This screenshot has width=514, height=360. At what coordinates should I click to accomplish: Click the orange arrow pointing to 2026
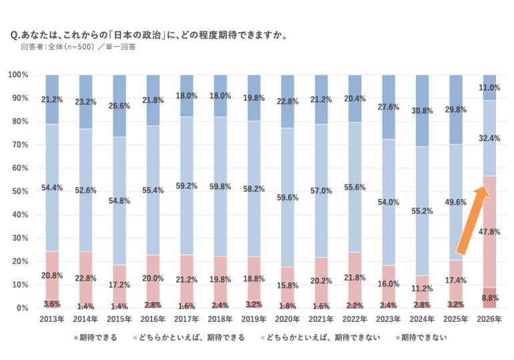pos(473,224)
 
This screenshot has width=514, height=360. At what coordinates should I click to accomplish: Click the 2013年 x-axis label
pos(51,319)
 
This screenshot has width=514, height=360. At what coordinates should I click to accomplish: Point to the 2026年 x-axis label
pos(489,319)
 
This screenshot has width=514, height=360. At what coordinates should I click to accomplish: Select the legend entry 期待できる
pos(97,338)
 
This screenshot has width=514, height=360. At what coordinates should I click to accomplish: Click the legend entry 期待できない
pos(420,338)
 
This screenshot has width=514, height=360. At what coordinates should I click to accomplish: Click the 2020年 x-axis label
pos(287,319)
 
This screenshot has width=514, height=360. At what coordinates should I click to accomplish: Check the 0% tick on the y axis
pos(23,308)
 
